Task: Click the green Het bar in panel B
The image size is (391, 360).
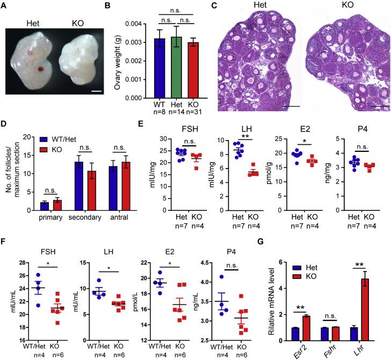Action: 158,68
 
